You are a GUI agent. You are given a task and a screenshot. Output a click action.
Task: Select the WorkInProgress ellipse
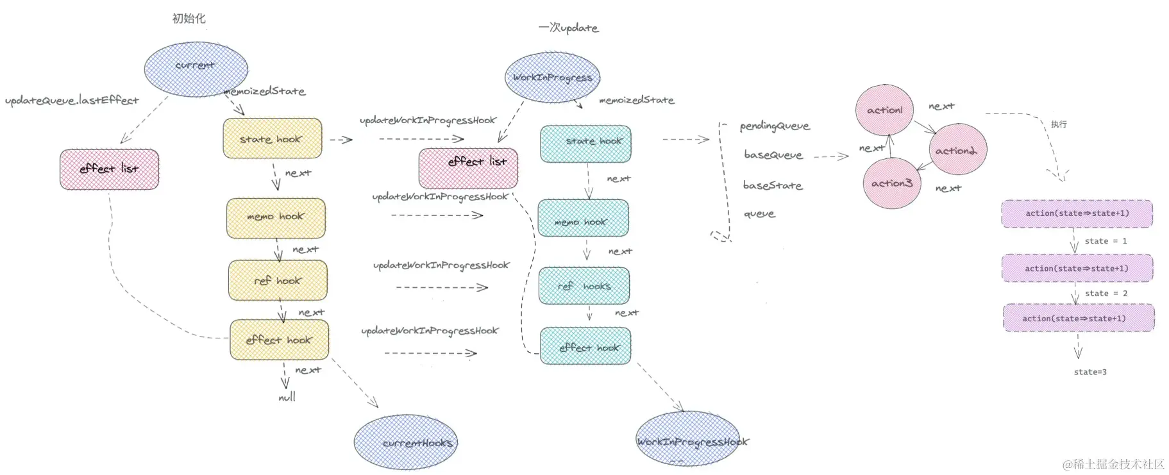[552, 78]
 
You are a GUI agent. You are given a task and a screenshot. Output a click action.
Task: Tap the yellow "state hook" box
[272, 138]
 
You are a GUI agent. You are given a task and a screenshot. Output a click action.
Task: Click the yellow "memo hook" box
[276, 218]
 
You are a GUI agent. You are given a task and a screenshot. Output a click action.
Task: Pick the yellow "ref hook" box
[278, 280]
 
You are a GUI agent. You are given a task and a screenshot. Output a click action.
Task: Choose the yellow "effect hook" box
[279, 340]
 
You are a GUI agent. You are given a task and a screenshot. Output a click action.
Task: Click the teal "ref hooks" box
[584, 286]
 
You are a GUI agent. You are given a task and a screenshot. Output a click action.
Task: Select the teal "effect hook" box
[585, 347]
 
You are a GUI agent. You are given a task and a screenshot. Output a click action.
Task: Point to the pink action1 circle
[884, 110]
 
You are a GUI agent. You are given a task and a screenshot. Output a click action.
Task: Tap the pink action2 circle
[957, 150]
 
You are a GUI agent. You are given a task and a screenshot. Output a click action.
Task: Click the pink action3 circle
[891, 183]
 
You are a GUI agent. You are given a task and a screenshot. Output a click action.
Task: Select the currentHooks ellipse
[406, 442]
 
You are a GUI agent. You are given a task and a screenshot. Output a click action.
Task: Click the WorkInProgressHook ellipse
[689, 440]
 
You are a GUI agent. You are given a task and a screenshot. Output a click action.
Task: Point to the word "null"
[287, 397]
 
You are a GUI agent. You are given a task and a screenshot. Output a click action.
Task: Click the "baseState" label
[772, 185]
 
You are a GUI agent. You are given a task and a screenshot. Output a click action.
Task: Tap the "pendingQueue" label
[775, 126]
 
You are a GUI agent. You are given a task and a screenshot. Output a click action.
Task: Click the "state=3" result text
[1090, 372]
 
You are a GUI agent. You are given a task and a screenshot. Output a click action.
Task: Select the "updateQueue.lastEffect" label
[72, 101]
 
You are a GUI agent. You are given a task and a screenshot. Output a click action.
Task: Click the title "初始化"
[189, 19]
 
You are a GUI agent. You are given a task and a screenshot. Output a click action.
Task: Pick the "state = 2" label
[1106, 294]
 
